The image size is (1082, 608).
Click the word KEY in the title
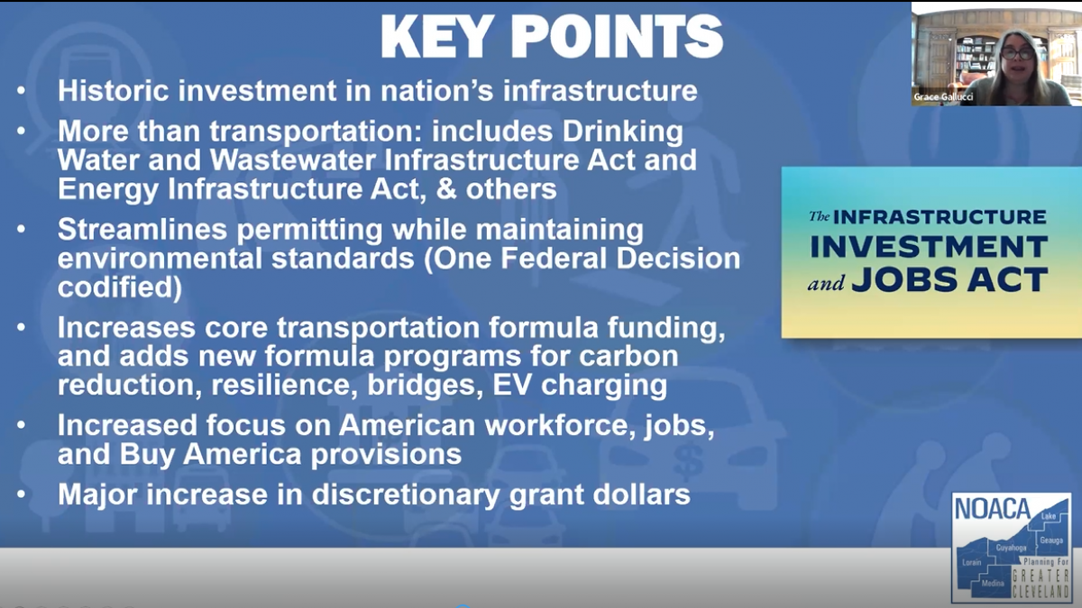click(x=437, y=37)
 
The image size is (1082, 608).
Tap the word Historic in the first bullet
click(x=114, y=90)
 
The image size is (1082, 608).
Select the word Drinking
click(x=623, y=132)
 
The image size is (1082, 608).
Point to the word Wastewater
click(x=293, y=160)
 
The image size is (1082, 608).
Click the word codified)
click(x=120, y=288)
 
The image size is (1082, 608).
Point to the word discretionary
click(x=406, y=495)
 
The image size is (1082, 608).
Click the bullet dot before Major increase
click(x=21, y=495)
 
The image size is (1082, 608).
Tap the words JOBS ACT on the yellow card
click(x=949, y=280)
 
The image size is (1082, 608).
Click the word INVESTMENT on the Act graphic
click(x=929, y=247)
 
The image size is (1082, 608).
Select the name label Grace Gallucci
click(x=943, y=97)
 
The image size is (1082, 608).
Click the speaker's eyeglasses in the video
click(x=1016, y=53)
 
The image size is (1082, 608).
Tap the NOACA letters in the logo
click(x=993, y=509)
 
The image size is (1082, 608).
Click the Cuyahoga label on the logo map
click(x=1011, y=548)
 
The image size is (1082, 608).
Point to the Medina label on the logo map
click(x=993, y=583)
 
